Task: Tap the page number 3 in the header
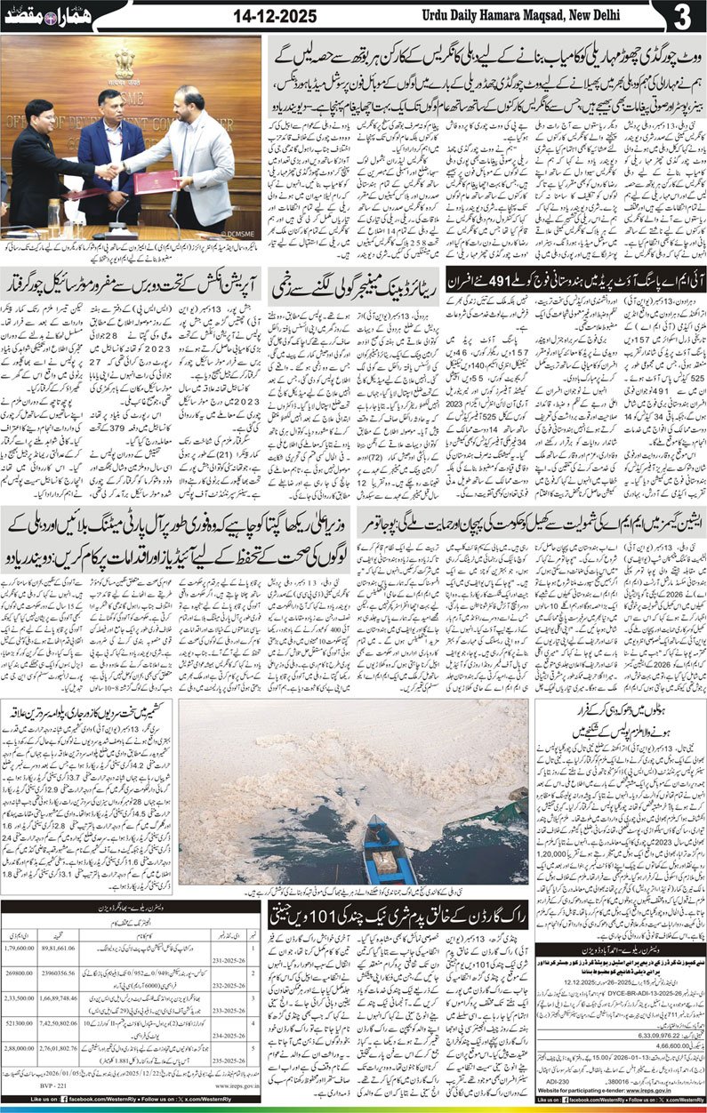[x=683, y=17]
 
